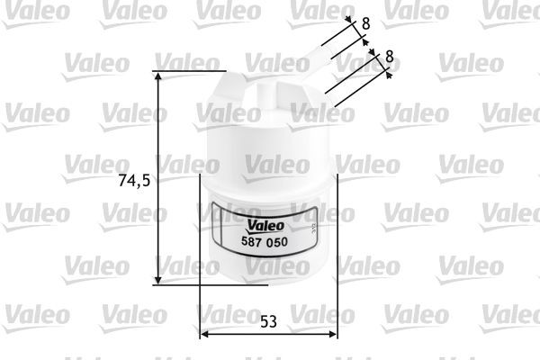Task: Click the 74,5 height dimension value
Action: coord(132,180)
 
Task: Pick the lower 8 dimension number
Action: coord(389,56)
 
